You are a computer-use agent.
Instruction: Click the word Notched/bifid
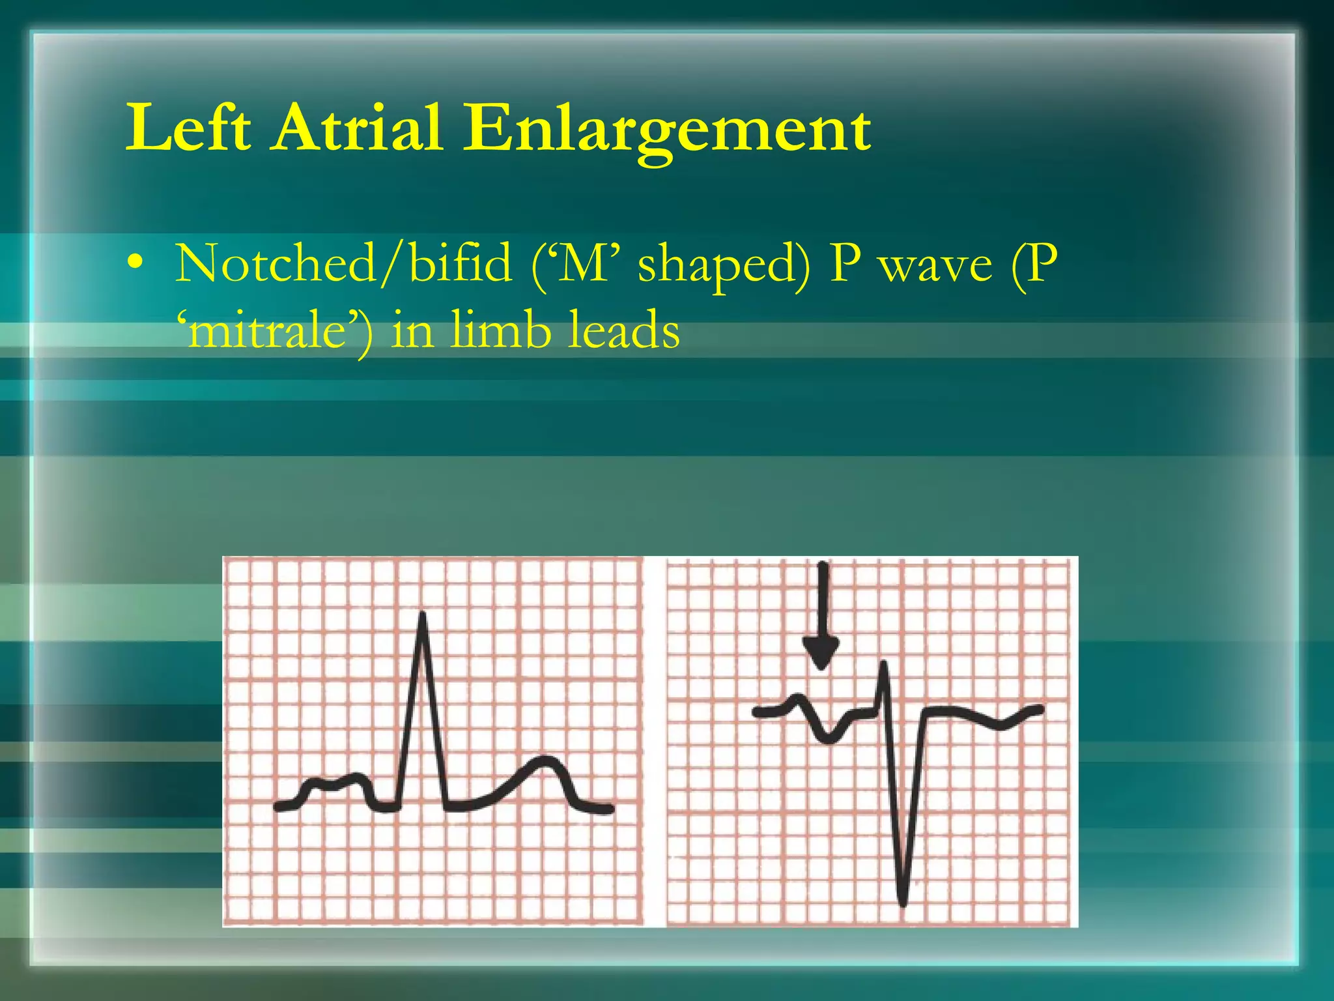343,264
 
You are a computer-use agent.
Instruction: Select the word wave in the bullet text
936,266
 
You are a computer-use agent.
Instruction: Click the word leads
624,329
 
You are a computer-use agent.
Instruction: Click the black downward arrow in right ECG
821,616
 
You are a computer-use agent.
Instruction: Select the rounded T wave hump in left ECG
544,762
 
